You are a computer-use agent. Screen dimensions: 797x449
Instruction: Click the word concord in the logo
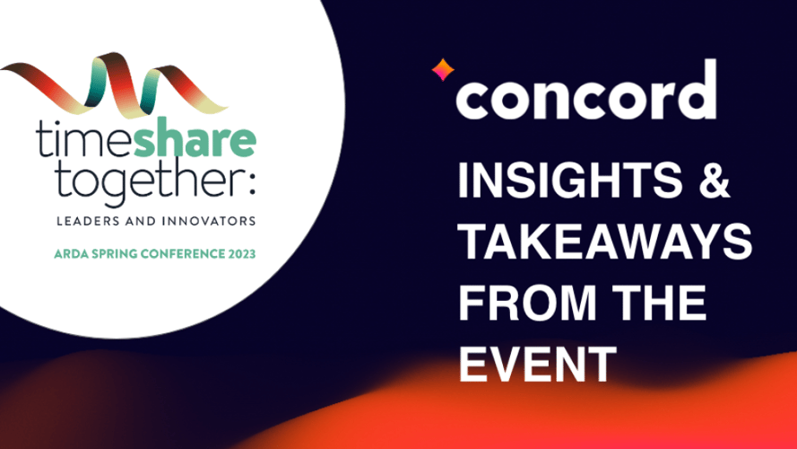[586, 90]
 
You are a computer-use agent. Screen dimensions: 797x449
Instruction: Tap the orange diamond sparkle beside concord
[443, 70]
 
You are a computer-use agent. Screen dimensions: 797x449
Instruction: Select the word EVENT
[538, 364]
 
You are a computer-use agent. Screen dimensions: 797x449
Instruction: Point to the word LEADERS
[88, 221]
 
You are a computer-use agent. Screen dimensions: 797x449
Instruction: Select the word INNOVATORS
[208, 221]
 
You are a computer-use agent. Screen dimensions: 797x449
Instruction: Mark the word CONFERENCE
[183, 253]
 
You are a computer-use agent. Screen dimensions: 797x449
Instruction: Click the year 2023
[242, 253]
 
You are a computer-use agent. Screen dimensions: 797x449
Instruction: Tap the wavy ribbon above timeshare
[115, 84]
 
